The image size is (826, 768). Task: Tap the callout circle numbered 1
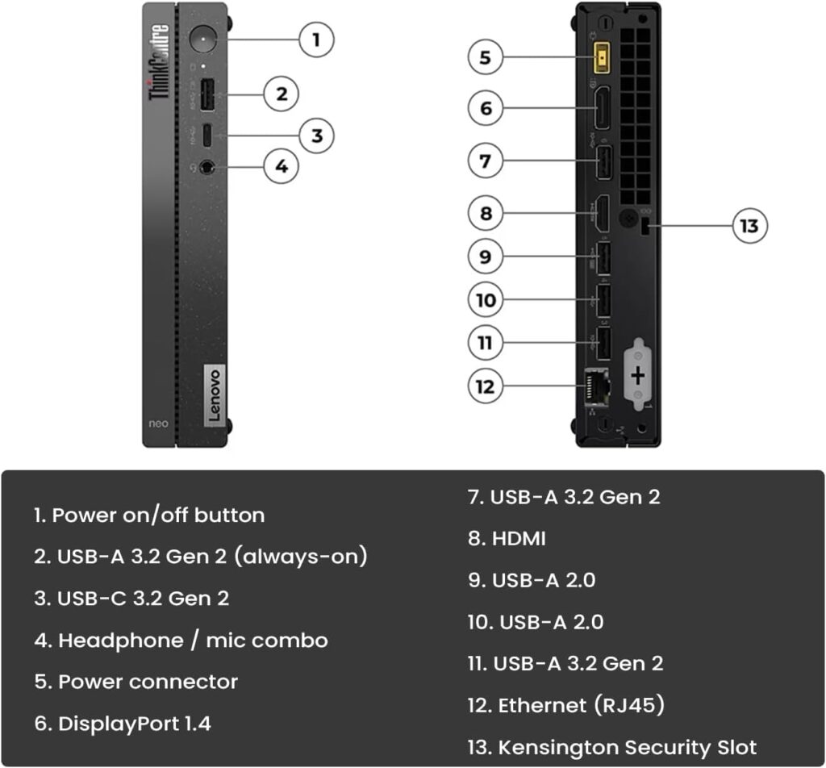[x=317, y=39]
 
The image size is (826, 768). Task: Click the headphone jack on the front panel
[x=208, y=167]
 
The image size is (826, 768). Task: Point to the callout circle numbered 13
[x=749, y=226]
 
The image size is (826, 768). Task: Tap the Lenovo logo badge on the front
[x=214, y=393]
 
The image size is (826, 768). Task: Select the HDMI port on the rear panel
[x=601, y=214]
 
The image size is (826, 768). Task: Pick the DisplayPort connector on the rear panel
[x=603, y=108]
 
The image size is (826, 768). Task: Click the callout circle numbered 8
[x=486, y=214]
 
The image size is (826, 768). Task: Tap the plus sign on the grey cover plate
[x=637, y=376]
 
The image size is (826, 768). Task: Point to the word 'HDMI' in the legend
[x=519, y=538]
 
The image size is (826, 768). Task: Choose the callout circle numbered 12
[x=485, y=386]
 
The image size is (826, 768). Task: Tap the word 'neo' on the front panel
[x=161, y=423]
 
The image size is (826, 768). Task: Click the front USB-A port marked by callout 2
[x=207, y=94]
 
